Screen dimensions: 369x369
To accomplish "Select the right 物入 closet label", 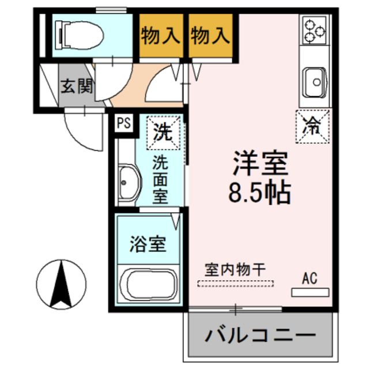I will [x=210, y=36].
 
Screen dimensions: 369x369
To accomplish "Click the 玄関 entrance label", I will [x=77, y=88].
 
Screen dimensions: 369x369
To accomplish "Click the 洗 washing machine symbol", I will [x=163, y=133].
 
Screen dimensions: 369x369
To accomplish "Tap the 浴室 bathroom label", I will [x=149, y=244].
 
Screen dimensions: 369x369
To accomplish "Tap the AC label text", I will [x=309, y=279].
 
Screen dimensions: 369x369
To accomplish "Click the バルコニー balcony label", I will [x=260, y=335].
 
